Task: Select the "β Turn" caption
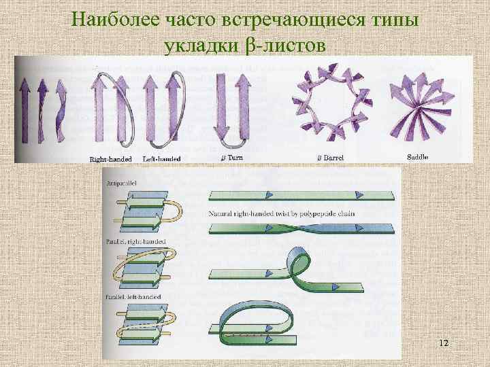233,158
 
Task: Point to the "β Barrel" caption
331,158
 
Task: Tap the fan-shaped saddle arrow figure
414,109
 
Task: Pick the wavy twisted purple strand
59,109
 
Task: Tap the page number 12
443,343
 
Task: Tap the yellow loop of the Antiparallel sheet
178,209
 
